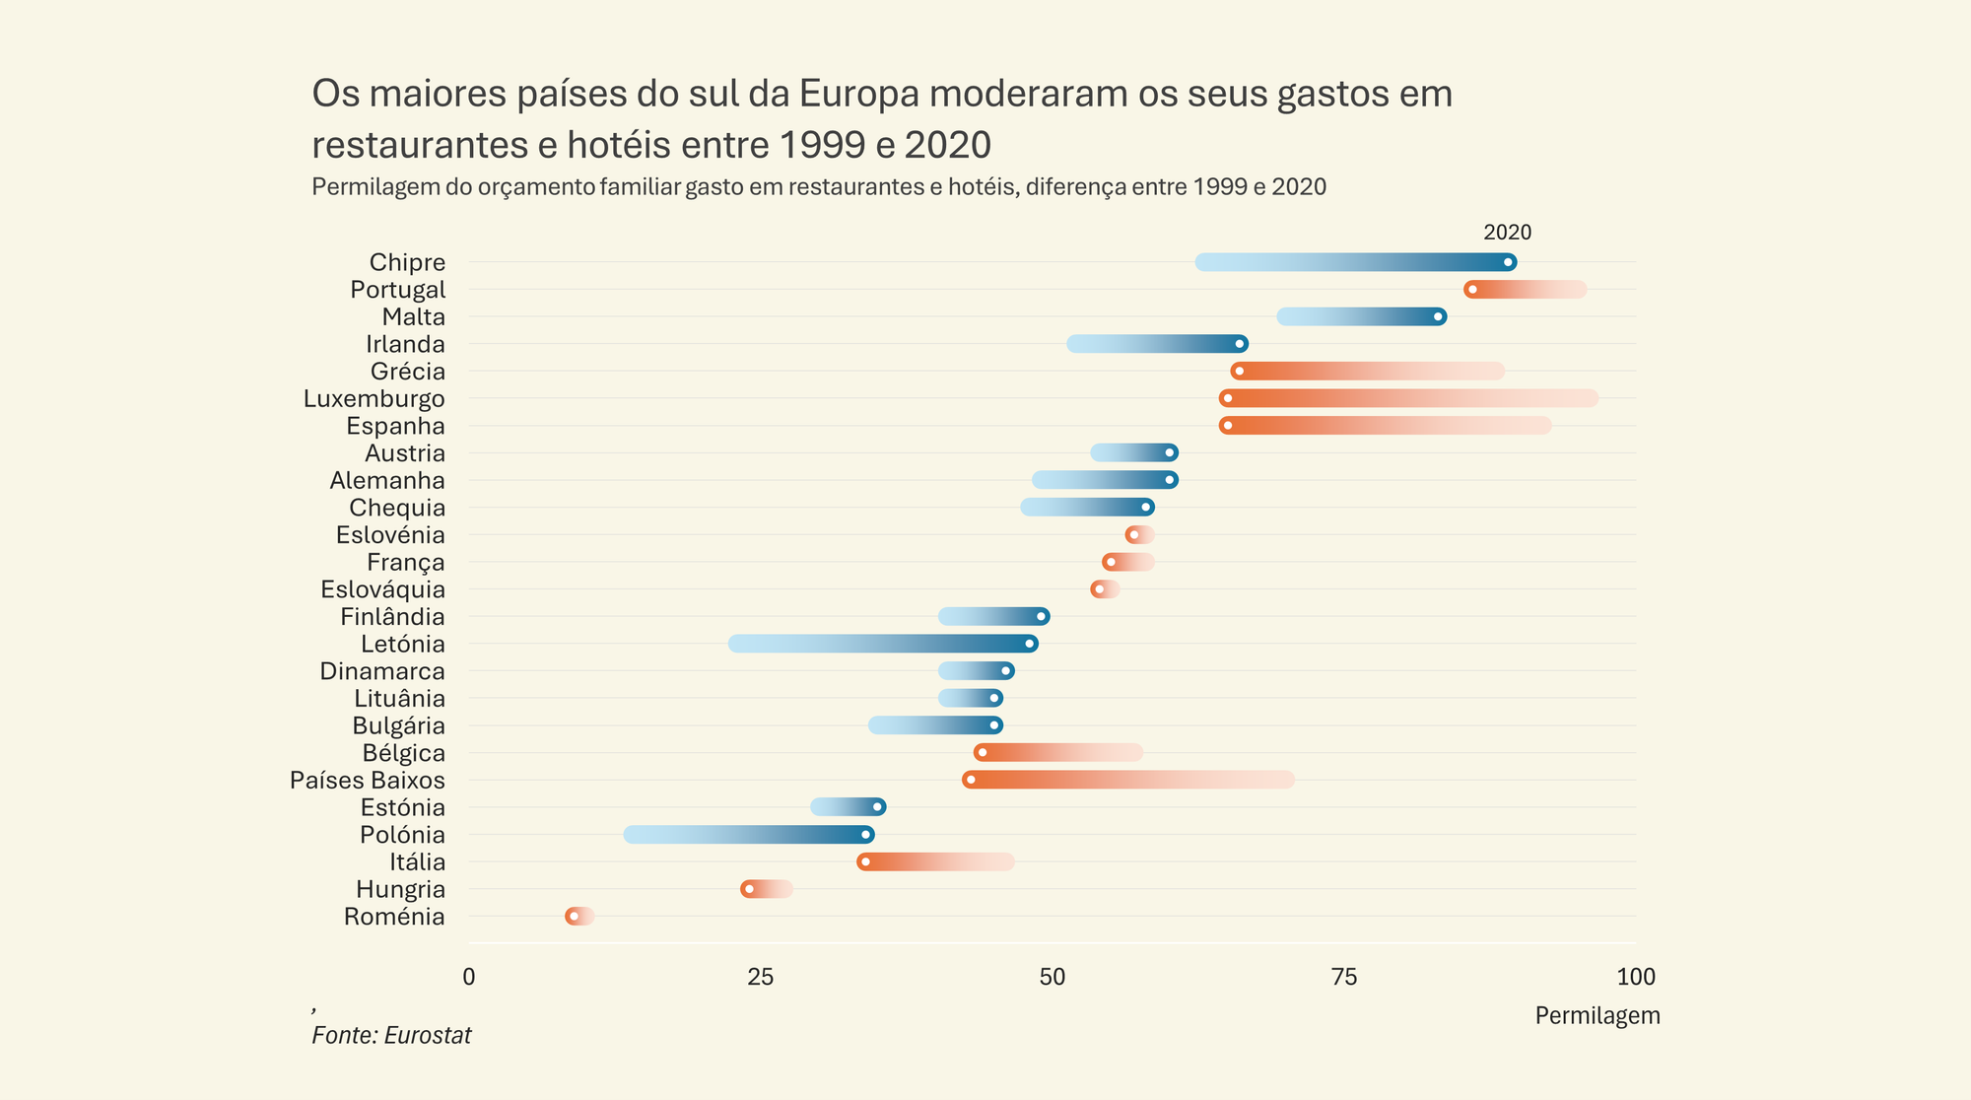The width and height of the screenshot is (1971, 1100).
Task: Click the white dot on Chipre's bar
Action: (x=1508, y=262)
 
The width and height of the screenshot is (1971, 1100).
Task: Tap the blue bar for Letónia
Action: (x=882, y=644)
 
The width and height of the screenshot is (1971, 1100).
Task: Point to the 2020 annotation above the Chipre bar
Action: (x=1507, y=233)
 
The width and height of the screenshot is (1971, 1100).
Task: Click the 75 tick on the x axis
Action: (x=1344, y=977)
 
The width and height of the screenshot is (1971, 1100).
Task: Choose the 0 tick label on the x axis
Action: (x=469, y=977)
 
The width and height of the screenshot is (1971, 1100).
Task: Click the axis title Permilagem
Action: (x=1597, y=1015)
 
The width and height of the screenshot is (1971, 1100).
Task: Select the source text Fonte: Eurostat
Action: (x=391, y=1035)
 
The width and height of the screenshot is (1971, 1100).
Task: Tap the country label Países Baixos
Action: (x=368, y=781)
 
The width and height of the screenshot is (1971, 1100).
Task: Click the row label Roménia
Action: (x=394, y=917)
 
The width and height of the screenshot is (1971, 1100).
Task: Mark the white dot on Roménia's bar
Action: (x=574, y=917)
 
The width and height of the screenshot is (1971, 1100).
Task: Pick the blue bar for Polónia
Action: (x=749, y=835)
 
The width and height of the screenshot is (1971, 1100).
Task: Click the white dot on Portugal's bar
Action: (x=1472, y=290)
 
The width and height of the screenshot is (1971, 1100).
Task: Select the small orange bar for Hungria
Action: (x=767, y=889)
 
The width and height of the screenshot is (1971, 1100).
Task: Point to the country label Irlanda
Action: (x=405, y=344)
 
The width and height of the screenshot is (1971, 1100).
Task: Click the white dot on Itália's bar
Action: (x=865, y=862)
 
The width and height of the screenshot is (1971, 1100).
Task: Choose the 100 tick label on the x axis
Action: (x=1636, y=977)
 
